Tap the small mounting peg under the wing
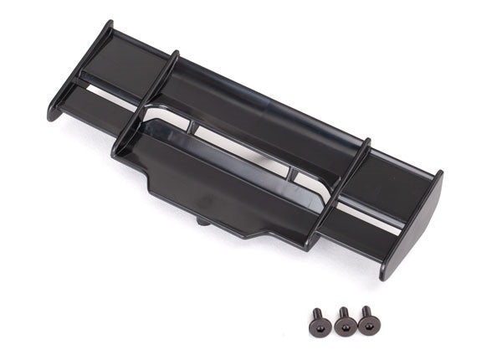(x=203, y=221)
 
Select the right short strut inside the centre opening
(x=294, y=175)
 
